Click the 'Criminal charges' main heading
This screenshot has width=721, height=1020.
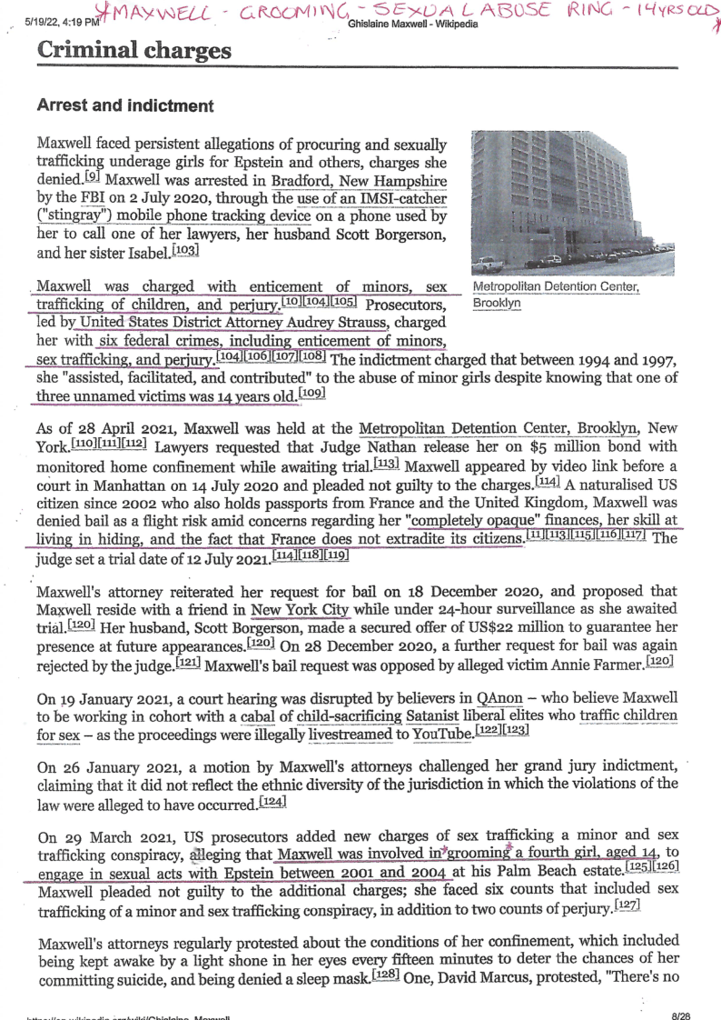[x=134, y=50]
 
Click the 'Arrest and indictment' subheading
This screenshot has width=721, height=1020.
[x=124, y=105]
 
